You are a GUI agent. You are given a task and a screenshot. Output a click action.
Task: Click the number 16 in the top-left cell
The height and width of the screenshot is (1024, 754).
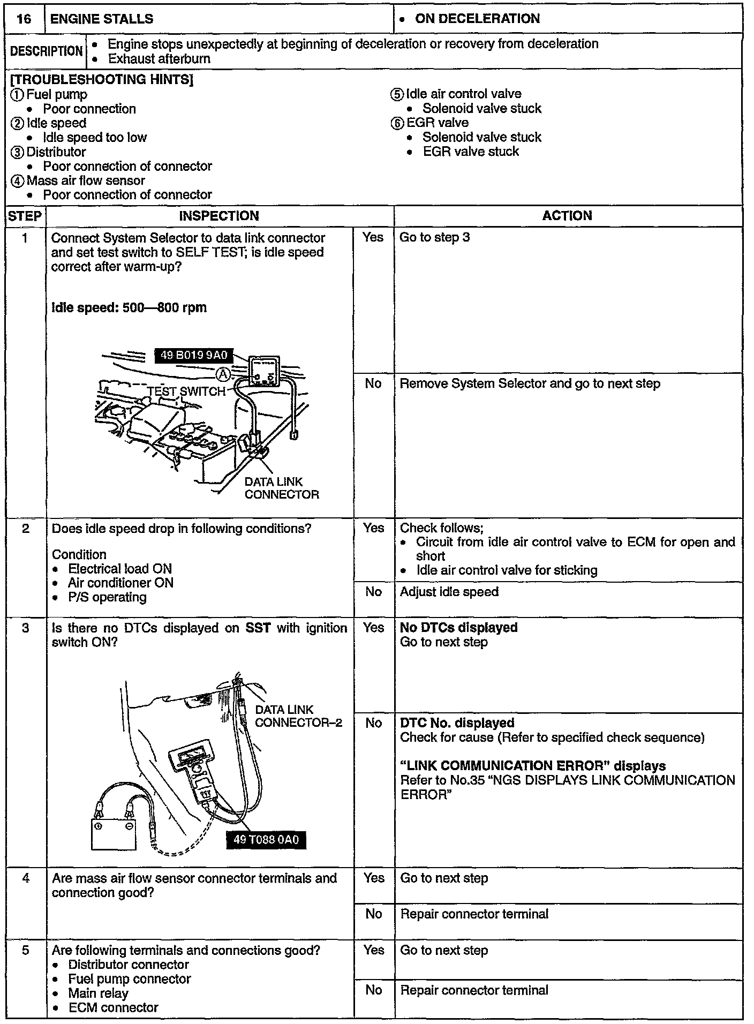click(x=24, y=19)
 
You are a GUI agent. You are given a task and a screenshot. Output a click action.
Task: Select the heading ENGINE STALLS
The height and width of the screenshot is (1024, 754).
click(x=101, y=19)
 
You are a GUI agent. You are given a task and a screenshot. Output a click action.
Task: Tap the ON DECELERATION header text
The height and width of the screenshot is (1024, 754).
click(x=477, y=19)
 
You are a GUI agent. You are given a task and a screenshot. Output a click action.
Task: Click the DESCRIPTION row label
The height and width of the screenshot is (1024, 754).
click(x=47, y=51)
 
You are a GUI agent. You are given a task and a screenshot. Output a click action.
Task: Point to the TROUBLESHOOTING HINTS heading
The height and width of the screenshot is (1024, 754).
click(x=102, y=80)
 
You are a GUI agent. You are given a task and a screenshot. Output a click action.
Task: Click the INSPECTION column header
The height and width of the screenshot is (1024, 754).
click(x=218, y=216)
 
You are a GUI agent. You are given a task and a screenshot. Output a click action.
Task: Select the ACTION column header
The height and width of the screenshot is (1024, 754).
click(x=567, y=216)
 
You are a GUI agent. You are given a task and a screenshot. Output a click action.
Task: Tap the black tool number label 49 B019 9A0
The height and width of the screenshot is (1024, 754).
click(x=194, y=355)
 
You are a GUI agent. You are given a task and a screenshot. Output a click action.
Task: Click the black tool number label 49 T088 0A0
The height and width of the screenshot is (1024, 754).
click(x=266, y=839)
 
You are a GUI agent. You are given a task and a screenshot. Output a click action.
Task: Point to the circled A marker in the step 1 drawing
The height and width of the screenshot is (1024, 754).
click(x=225, y=374)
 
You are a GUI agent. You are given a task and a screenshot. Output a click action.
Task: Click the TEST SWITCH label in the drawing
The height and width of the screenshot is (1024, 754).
click(x=186, y=391)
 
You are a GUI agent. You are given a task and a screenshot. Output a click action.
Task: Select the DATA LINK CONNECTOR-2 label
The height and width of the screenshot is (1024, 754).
click(x=298, y=716)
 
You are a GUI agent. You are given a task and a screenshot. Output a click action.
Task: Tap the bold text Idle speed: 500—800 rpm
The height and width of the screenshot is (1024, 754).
click(x=129, y=308)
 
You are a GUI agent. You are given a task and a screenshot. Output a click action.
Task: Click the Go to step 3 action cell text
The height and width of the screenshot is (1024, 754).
click(x=434, y=237)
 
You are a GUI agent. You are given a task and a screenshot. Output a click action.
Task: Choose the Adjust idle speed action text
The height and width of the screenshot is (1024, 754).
click(x=449, y=592)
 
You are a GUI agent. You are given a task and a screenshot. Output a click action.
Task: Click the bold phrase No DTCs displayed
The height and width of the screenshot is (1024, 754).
click(x=458, y=628)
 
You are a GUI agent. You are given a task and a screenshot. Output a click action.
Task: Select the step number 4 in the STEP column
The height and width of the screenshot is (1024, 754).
click(x=26, y=878)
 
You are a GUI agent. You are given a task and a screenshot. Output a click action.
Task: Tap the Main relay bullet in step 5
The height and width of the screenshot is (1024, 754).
click(x=98, y=993)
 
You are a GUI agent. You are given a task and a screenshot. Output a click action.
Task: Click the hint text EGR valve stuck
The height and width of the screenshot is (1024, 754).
click(x=471, y=152)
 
